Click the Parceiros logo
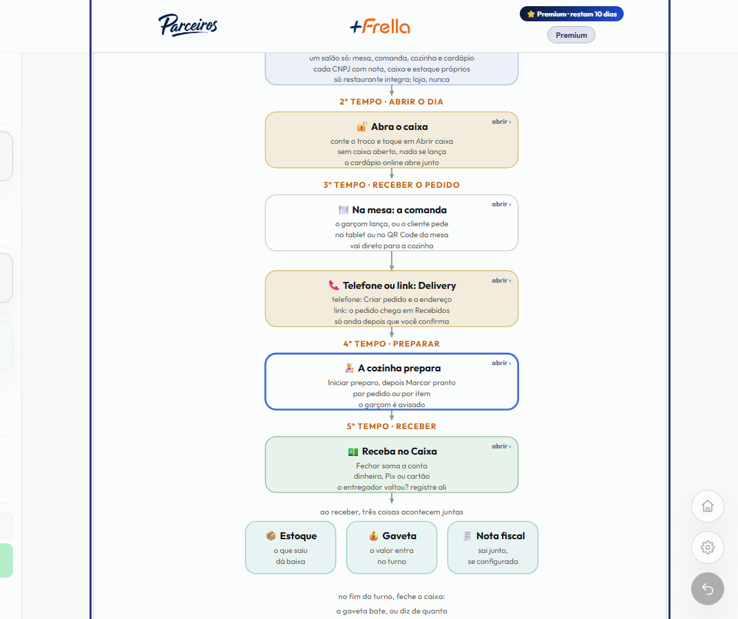(x=188, y=25)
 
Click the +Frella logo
(x=380, y=26)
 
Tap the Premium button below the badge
(x=571, y=35)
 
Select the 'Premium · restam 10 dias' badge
(x=571, y=14)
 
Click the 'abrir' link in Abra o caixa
(x=501, y=121)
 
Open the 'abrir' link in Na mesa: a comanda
(x=501, y=204)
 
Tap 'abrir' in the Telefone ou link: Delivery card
(x=501, y=281)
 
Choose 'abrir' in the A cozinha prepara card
(x=501, y=363)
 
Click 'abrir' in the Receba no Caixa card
(x=501, y=446)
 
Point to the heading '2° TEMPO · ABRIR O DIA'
(x=392, y=102)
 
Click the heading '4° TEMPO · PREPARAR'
(x=392, y=344)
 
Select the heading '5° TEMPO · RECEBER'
(x=392, y=426)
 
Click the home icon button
(x=708, y=506)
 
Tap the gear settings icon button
(x=708, y=547)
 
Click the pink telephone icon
(x=334, y=285)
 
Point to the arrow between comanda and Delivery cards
(x=392, y=261)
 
